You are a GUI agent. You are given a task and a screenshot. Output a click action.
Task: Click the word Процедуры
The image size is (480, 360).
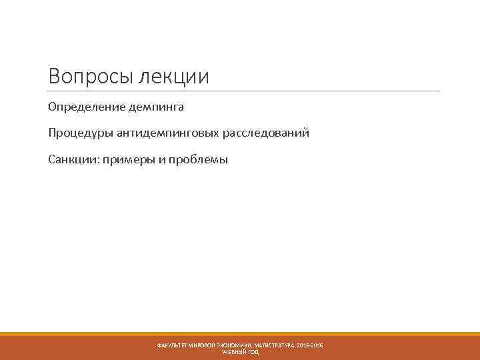coord(81,133)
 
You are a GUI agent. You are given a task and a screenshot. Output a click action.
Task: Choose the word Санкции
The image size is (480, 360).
coord(72,160)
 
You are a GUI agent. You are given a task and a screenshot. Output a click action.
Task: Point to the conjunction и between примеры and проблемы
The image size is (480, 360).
coord(161,160)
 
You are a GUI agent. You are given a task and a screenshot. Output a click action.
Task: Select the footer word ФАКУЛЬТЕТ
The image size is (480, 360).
coord(173,345)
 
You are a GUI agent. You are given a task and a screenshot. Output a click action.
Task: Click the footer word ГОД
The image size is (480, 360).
coord(253,352)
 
